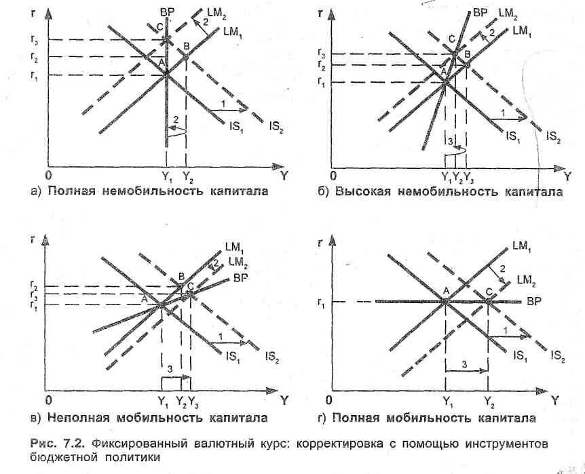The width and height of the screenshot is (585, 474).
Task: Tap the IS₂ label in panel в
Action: pos(273,355)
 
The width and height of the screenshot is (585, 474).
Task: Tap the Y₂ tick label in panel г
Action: pos(489,401)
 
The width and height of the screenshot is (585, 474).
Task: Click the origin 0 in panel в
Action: pos(48,401)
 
